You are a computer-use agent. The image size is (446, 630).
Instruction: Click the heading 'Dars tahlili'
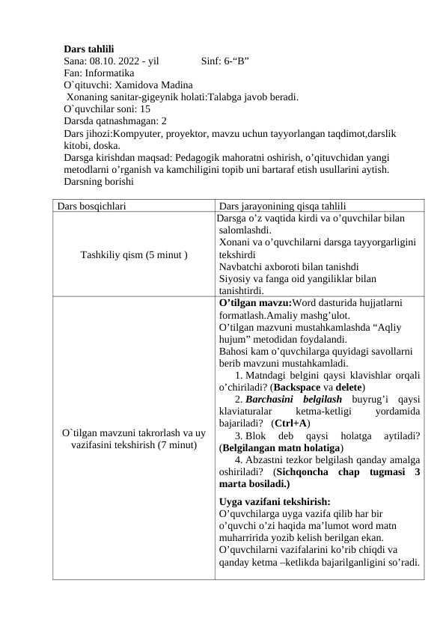(x=89, y=49)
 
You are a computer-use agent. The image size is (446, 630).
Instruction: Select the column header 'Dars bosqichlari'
(x=92, y=205)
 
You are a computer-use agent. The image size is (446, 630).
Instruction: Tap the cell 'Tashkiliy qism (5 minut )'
(x=134, y=254)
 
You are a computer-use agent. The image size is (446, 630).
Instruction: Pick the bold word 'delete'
(x=347, y=388)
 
